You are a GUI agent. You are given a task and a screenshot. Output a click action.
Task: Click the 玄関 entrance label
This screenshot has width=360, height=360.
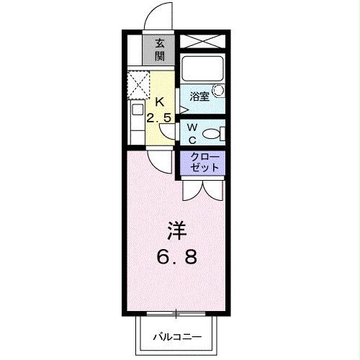[x=159, y=50]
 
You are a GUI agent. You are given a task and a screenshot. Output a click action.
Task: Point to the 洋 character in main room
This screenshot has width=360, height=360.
[x=178, y=230]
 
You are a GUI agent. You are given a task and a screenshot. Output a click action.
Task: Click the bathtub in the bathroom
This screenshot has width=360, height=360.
[x=202, y=69]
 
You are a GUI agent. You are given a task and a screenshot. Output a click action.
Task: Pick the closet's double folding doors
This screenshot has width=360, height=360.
[x=202, y=188]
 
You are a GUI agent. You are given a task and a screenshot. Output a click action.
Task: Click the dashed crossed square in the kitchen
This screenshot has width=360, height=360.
[x=139, y=85]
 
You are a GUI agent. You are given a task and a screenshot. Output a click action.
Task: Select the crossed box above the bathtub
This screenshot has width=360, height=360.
[x=202, y=42]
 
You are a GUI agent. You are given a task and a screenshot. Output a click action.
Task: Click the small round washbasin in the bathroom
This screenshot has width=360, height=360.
[x=218, y=91]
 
